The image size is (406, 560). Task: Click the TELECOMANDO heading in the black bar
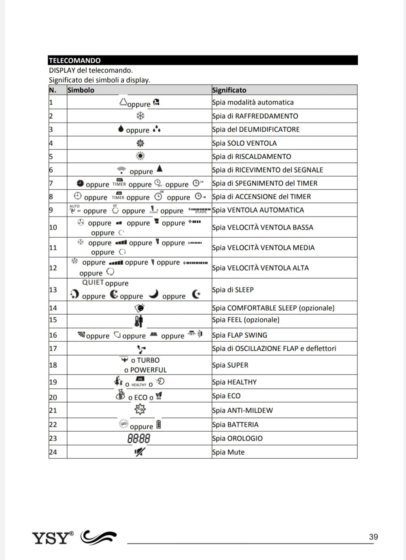[74, 61]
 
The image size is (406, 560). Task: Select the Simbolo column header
[81, 90]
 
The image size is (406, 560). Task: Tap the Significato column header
[229, 90]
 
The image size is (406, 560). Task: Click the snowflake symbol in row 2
[140, 116]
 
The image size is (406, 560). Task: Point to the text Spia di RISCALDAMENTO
[251, 157]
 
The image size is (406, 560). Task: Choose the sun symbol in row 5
[140, 156]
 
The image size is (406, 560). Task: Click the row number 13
[53, 290]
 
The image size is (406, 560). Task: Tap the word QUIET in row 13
[93, 283]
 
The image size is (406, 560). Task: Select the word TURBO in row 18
[148, 360]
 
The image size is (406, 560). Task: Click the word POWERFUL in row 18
[148, 370]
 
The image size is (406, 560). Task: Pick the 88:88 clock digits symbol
[139, 439]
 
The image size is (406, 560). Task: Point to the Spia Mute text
[228, 452]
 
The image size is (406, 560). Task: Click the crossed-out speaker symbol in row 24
[140, 452]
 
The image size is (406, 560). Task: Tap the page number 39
[373, 537]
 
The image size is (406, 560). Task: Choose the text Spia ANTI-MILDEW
[242, 411]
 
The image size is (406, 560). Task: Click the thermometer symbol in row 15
[138, 322]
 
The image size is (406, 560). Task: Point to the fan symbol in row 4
[140, 143]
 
